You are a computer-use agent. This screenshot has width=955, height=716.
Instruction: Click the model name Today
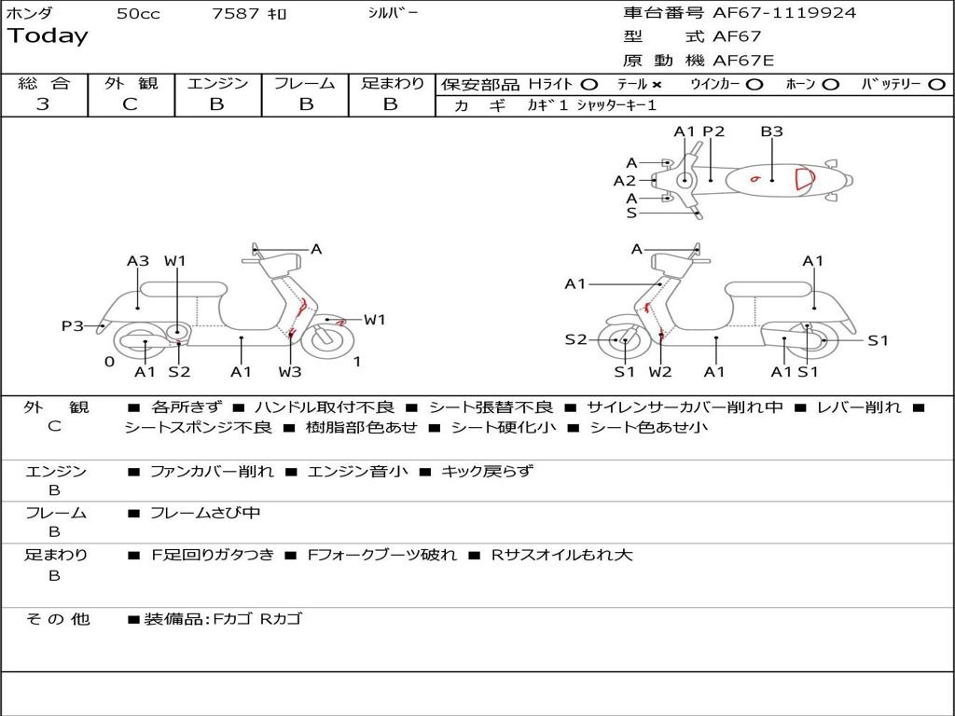click(x=48, y=36)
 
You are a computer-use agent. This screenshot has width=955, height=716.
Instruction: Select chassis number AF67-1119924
click(x=783, y=13)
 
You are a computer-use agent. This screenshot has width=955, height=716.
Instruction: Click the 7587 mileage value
click(x=239, y=14)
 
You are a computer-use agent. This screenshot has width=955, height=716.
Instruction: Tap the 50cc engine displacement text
click(x=138, y=14)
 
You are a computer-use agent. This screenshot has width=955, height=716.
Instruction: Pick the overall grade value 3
click(x=43, y=104)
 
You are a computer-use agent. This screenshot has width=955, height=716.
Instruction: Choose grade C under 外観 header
click(x=131, y=104)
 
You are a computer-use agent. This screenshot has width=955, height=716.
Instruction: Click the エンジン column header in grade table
click(x=217, y=84)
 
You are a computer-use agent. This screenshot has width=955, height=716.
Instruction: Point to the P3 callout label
click(x=73, y=325)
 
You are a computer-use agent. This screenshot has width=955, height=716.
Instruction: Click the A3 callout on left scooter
click(x=138, y=261)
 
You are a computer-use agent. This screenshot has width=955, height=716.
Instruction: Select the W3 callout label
click(x=290, y=372)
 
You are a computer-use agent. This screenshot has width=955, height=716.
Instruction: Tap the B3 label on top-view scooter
click(x=771, y=131)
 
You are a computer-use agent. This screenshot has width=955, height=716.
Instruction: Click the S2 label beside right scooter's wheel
click(x=575, y=339)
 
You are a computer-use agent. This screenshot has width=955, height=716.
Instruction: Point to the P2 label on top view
click(x=713, y=131)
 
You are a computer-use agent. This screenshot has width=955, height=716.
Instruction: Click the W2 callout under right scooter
click(x=660, y=372)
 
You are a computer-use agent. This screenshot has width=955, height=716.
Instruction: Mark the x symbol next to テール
click(x=657, y=84)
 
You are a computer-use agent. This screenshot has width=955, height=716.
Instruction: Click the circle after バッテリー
click(x=937, y=84)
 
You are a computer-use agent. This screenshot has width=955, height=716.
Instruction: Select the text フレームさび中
click(x=205, y=513)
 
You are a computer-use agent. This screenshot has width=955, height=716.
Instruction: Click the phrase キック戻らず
click(x=486, y=471)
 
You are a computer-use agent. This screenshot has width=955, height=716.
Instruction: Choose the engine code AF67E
click(x=743, y=61)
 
